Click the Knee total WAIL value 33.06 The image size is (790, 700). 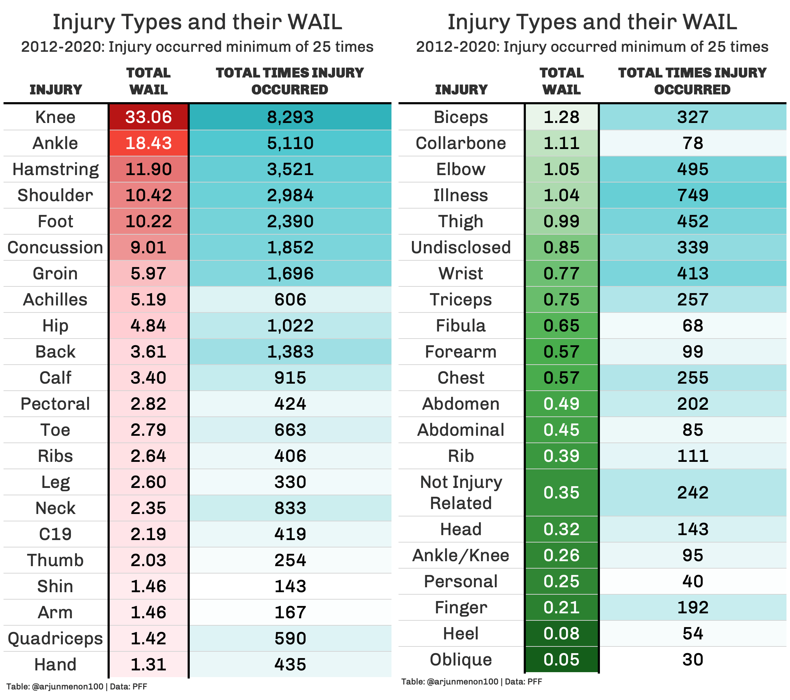(x=148, y=117)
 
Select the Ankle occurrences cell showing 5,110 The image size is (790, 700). (x=290, y=143)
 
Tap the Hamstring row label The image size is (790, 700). (x=56, y=169)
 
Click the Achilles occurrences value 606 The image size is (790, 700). (x=290, y=299)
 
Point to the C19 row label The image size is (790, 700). (x=55, y=534)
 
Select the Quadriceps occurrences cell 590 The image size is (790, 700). (x=290, y=638)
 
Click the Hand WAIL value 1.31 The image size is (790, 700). (x=148, y=664)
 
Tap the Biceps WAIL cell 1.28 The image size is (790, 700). (x=561, y=117)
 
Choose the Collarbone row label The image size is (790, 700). (x=461, y=143)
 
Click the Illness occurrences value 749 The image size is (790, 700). (x=692, y=196)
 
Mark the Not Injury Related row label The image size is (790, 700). (x=461, y=493)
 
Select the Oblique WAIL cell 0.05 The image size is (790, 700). (x=561, y=659)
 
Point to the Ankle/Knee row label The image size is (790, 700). (x=461, y=555)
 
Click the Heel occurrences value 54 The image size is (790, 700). (x=692, y=633)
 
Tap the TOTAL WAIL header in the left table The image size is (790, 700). (x=148, y=81)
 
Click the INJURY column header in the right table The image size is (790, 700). (x=461, y=89)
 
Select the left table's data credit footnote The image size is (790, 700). (x=77, y=687)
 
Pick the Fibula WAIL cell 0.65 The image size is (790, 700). (x=561, y=326)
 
